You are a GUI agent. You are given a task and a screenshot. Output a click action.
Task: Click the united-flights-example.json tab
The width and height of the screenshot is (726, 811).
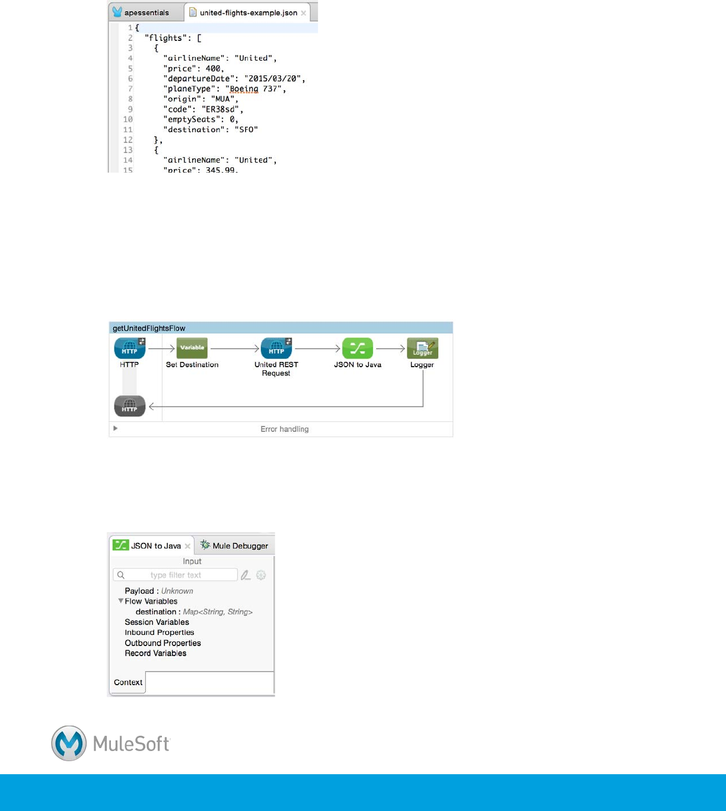point(248,12)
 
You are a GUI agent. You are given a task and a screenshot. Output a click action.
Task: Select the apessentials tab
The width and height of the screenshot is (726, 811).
point(146,12)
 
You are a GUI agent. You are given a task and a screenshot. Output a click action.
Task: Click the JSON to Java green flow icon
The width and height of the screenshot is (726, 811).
point(358,349)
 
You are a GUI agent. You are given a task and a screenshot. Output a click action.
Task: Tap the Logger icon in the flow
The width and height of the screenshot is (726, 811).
point(422,349)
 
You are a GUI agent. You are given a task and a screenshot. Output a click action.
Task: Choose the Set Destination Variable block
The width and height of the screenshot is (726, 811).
point(192,348)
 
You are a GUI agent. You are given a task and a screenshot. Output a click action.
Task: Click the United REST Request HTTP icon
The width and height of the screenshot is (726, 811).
point(276,349)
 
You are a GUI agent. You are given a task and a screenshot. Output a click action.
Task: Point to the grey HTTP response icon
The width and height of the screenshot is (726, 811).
point(129,406)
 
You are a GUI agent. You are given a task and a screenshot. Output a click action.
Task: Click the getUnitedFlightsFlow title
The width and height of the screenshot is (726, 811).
point(149,328)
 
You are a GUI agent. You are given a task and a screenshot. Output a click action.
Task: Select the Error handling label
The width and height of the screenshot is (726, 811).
point(285,429)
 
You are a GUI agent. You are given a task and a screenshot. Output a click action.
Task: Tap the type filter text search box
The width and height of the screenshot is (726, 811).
point(176,575)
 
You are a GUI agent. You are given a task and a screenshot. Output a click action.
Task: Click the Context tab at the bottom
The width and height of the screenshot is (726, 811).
point(128,682)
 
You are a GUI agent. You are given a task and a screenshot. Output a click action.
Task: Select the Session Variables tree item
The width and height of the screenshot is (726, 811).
point(157,622)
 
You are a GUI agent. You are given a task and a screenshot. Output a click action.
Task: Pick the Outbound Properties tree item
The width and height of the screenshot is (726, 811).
point(163,643)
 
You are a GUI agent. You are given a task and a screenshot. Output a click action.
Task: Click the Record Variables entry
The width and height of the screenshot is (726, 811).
point(155,653)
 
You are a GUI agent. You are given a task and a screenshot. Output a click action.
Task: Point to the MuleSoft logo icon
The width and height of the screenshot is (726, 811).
point(69,743)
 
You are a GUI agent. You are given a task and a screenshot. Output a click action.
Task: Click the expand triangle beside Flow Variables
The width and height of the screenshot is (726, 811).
point(121,601)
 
